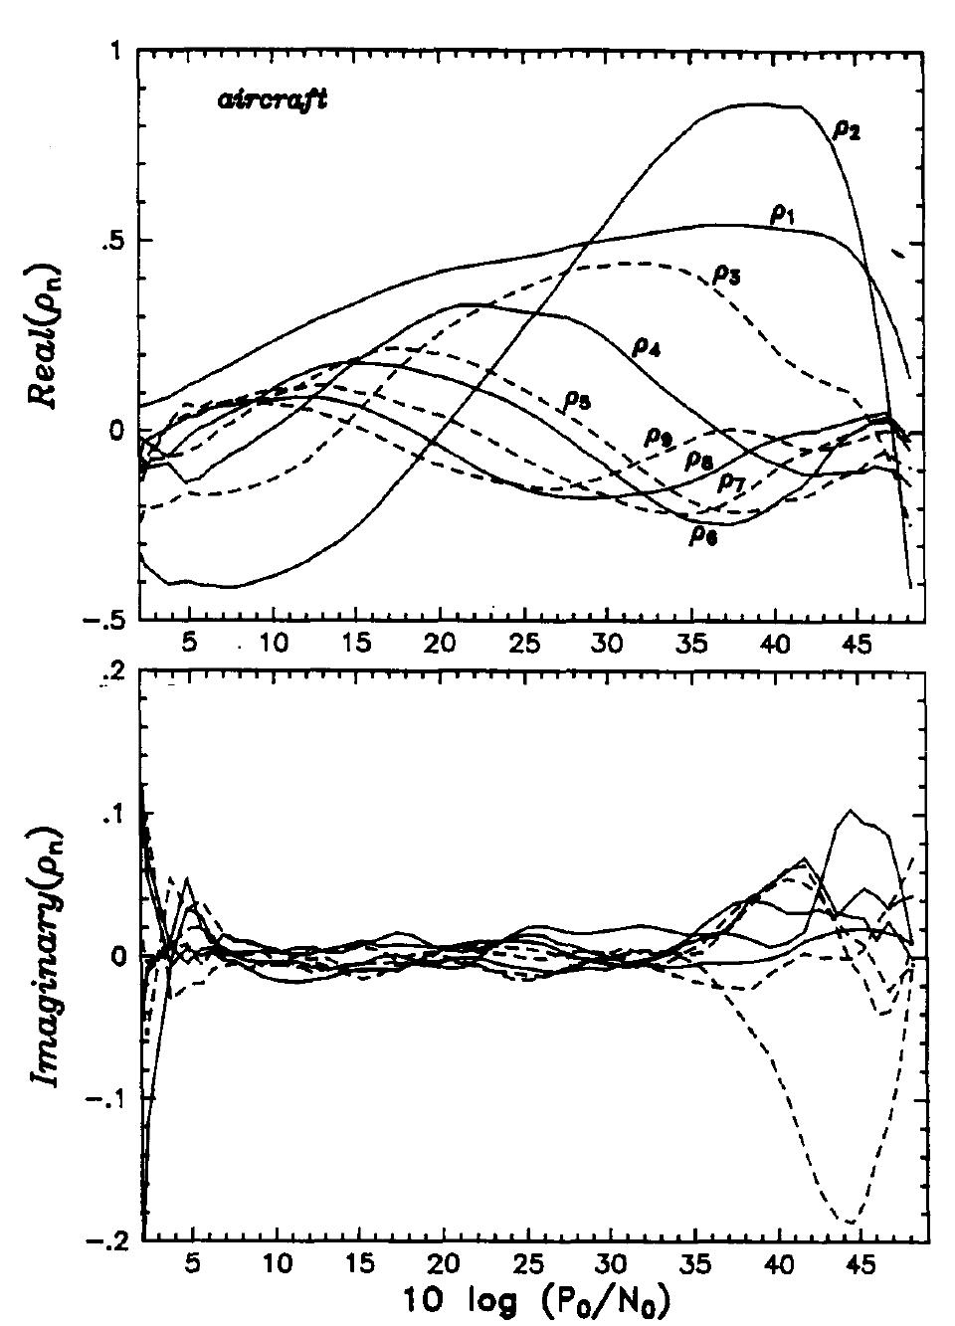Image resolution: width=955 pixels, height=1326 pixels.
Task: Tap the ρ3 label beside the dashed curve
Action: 725,276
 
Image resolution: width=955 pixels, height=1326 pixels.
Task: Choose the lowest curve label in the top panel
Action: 703,534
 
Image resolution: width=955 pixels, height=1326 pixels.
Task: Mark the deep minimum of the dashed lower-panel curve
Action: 849,1221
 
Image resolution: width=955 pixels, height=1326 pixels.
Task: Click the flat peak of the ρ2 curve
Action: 766,105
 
